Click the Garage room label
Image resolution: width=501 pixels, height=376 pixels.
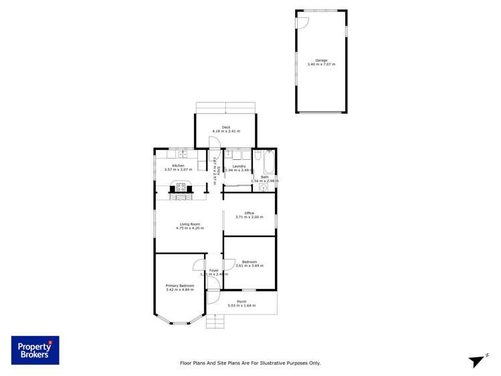(321, 60)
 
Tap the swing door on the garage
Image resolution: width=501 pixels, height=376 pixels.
(302, 22)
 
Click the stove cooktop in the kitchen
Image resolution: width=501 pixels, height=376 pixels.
(181, 186)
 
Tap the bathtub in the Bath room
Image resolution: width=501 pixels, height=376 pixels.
(269, 161)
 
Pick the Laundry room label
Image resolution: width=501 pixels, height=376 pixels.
(239, 166)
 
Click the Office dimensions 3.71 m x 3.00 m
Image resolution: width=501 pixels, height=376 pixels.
(249, 217)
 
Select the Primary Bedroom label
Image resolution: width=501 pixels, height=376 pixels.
(180, 286)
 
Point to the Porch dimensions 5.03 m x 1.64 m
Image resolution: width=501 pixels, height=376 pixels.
(241, 306)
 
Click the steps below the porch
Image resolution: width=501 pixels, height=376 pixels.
(215, 323)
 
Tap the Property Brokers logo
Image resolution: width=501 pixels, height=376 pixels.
(35, 350)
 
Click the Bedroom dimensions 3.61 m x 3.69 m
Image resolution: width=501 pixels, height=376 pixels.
(249, 266)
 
